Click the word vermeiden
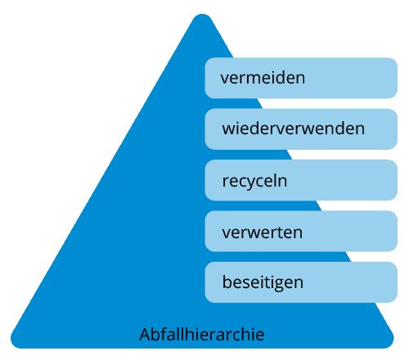pos(263,78)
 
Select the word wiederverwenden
pos(294,128)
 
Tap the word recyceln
pos(254,181)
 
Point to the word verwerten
pos(263,232)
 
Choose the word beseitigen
pos(263,282)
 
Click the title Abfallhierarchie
pos(202,334)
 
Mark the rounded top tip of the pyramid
pos(202,15)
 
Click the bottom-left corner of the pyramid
pos(13,344)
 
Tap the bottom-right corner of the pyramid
pos(391,344)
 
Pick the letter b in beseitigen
pos(227,282)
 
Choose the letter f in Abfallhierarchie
pos(164,334)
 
